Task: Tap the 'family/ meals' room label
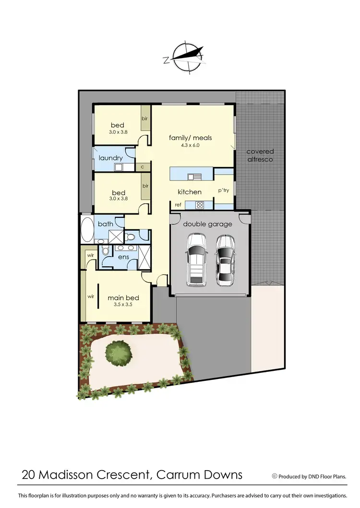(190, 138)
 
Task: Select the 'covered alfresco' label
(260, 155)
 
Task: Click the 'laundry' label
(111, 158)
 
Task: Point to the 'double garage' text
(207, 224)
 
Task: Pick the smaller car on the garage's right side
(225, 260)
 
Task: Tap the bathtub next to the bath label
(87, 230)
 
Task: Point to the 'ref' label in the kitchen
(178, 205)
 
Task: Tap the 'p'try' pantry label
(224, 190)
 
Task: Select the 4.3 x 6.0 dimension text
(190, 145)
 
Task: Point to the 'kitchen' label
(190, 192)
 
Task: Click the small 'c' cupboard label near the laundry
(142, 167)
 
